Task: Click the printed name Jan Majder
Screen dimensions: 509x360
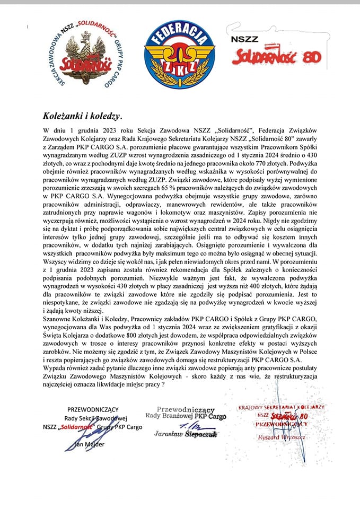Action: [x=91, y=443]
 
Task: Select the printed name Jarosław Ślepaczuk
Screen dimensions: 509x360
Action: [x=180, y=434]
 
